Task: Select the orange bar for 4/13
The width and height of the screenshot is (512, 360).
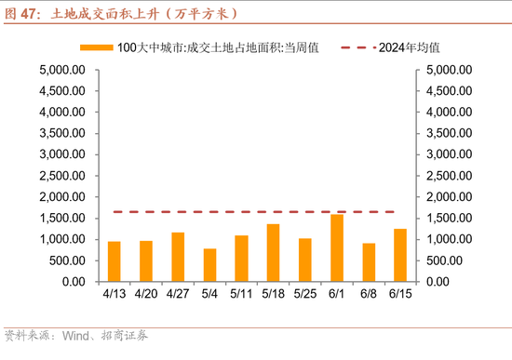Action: (x=115, y=261)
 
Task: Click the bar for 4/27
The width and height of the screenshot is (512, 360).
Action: (x=178, y=257)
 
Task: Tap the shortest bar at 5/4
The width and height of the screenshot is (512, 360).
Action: (x=209, y=265)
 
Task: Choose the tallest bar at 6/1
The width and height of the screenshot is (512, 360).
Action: (x=336, y=248)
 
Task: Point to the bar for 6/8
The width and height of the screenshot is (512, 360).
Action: (x=368, y=262)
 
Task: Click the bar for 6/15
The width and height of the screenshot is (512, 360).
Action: (x=399, y=255)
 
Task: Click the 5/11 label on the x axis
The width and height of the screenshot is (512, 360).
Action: (x=241, y=295)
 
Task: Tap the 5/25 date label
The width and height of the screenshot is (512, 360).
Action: (x=304, y=295)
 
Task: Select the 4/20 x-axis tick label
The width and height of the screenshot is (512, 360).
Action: (x=146, y=295)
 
